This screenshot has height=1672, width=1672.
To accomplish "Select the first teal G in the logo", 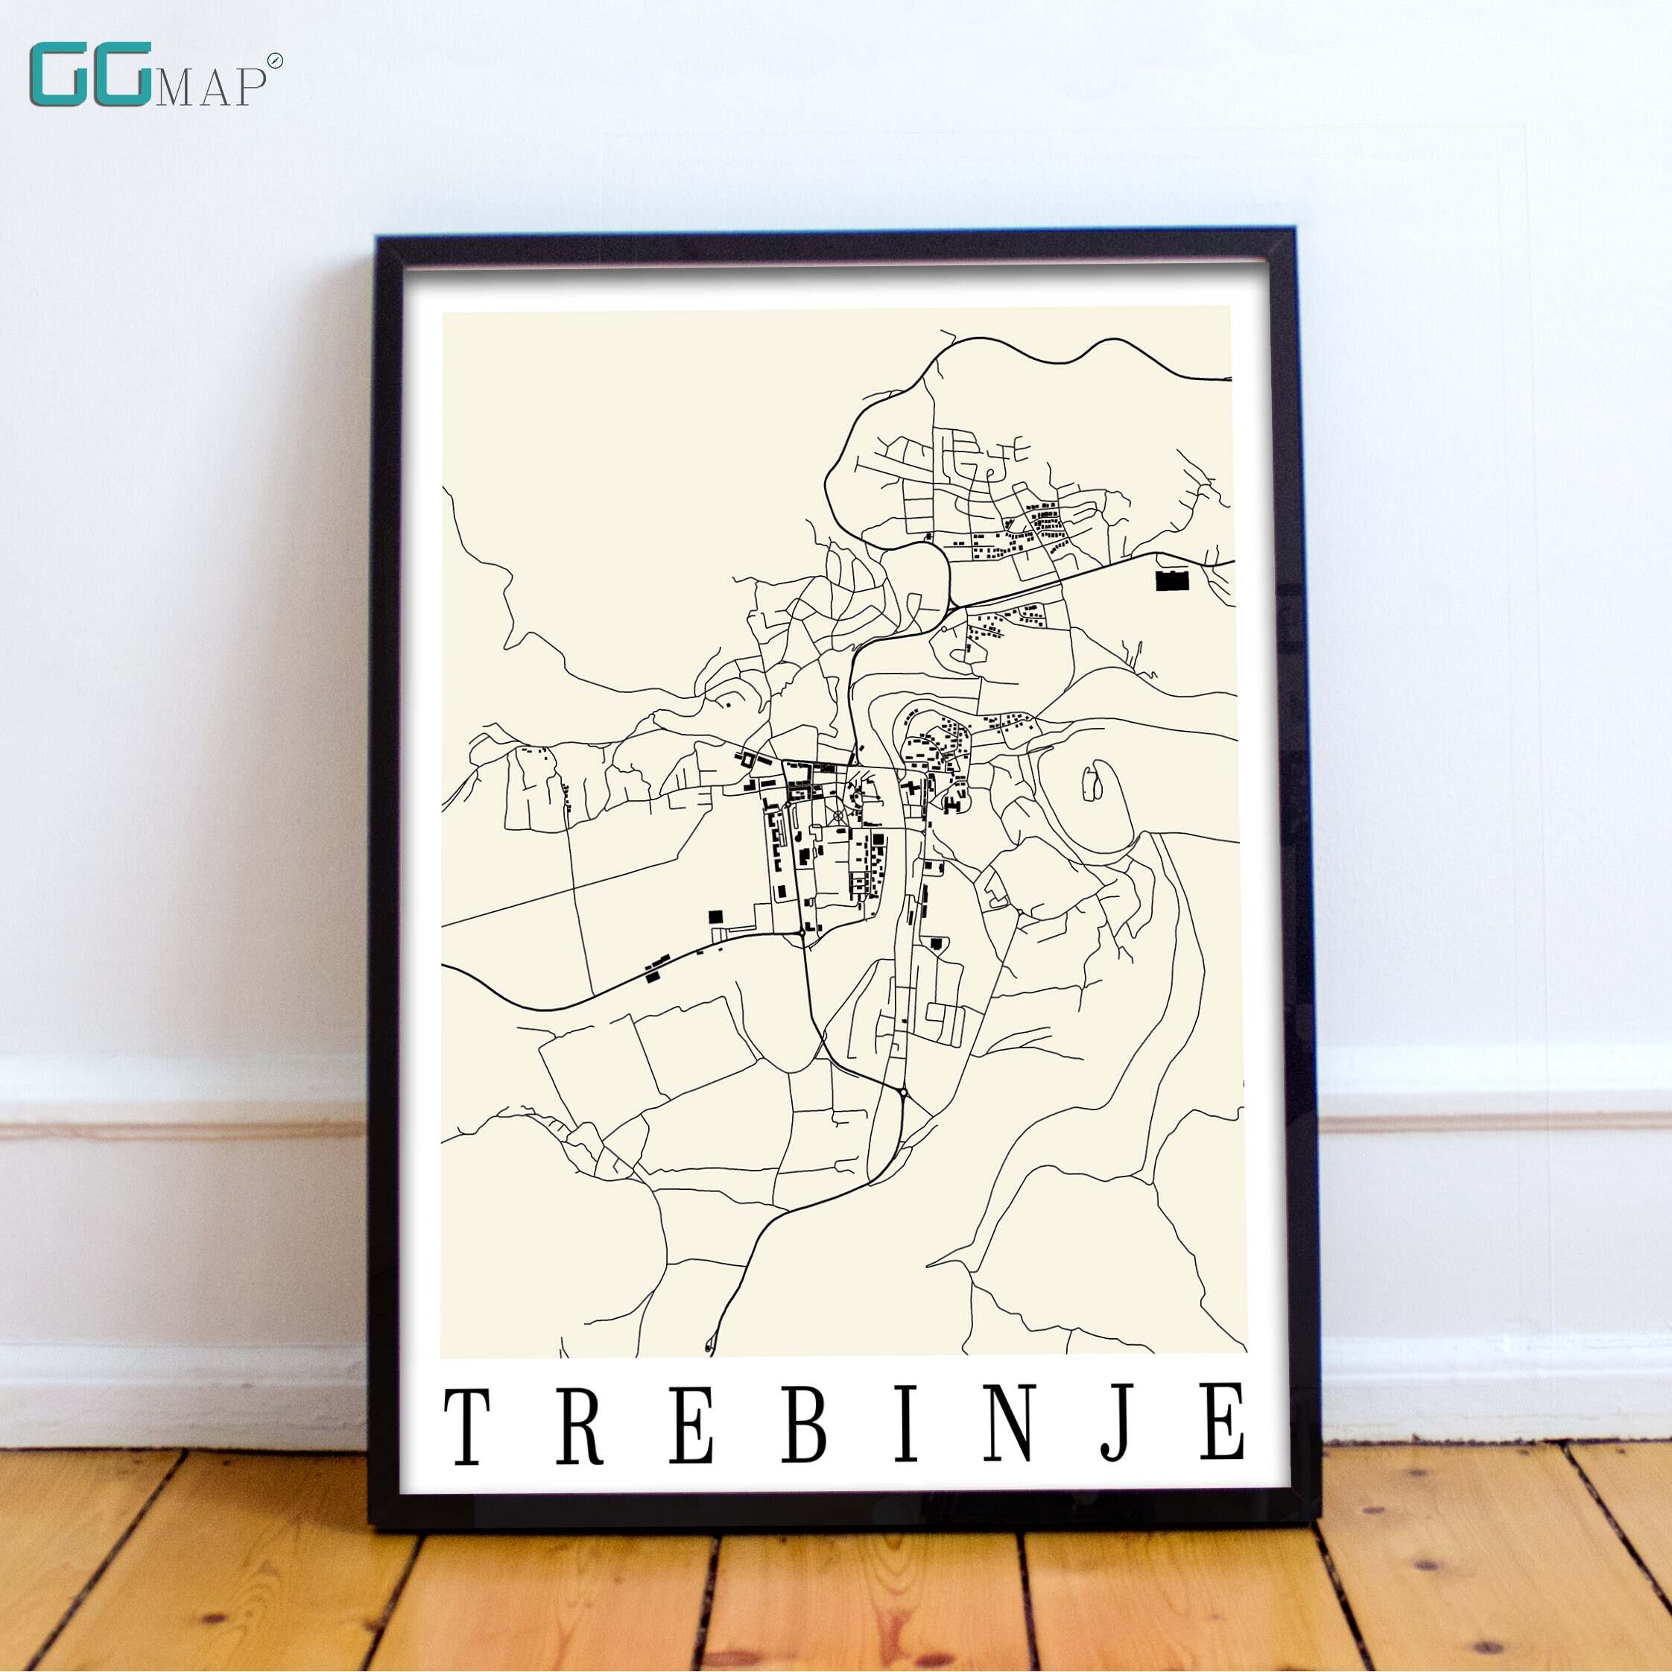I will tap(60, 75).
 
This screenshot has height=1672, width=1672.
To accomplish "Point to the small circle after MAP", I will tap(275, 60).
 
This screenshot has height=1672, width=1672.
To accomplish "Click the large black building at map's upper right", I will tap(1173, 580).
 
